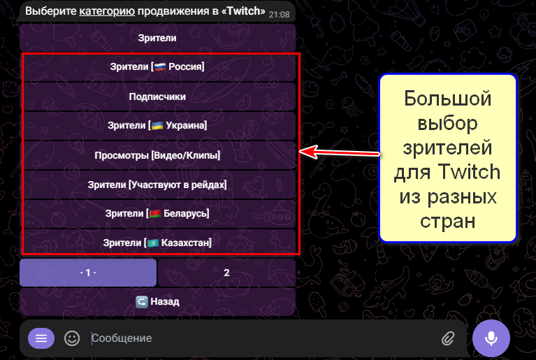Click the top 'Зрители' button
point(157,38)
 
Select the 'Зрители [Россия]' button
point(157,67)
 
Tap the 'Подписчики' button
point(157,96)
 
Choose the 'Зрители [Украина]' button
point(157,126)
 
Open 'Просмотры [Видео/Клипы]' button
point(157,155)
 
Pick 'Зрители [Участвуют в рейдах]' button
point(157,185)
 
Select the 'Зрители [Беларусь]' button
point(157,213)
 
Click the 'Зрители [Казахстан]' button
point(157,243)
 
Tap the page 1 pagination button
point(88,273)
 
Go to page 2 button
point(226,273)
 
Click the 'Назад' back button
point(157,302)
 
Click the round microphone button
point(491,338)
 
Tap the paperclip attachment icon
point(448,338)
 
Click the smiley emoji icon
point(72,338)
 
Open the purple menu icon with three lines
point(41,338)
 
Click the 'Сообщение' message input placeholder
point(122,338)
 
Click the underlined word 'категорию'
point(106,12)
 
